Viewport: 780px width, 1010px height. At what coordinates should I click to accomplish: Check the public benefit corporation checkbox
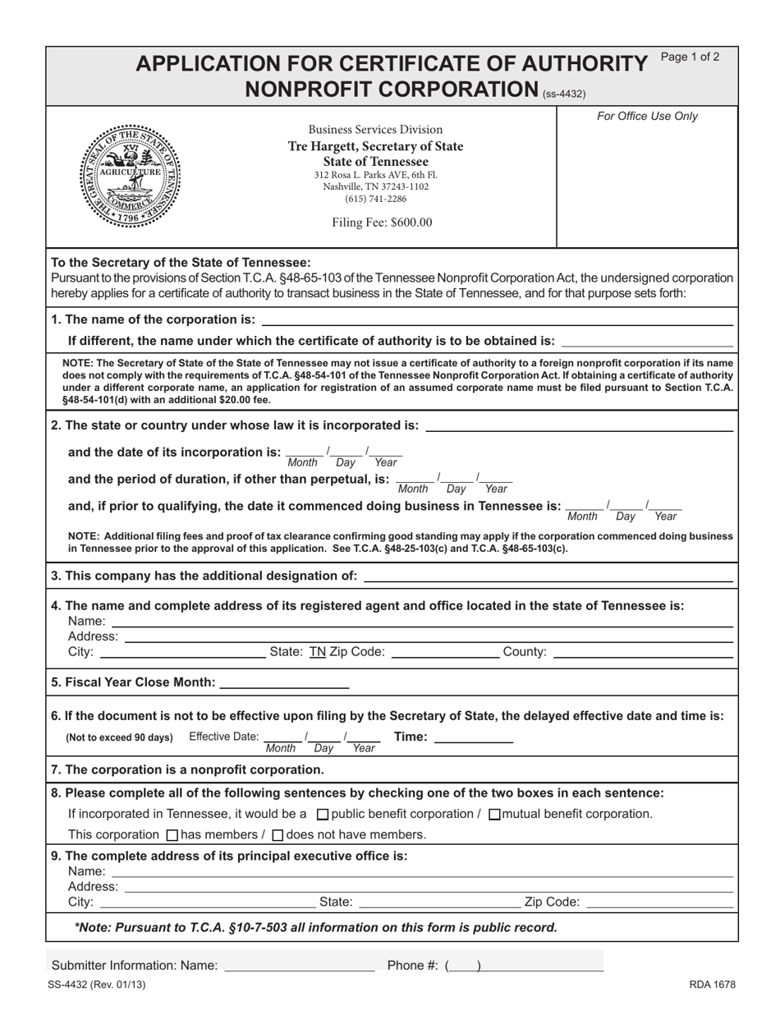tap(323, 815)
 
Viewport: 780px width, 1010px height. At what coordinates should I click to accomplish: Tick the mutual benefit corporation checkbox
tap(494, 815)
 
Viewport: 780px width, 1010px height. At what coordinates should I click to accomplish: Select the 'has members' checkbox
tap(172, 835)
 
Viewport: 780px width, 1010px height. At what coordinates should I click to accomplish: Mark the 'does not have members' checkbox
tap(278, 835)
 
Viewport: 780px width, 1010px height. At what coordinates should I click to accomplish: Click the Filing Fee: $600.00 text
tap(382, 223)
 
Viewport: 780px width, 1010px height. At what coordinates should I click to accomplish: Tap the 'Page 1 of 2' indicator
tap(690, 57)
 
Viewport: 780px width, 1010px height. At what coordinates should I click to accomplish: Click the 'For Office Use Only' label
tap(647, 117)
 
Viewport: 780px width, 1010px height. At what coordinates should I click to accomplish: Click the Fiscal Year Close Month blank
tap(285, 682)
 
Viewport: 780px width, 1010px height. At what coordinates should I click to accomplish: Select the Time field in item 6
tap(473, 737)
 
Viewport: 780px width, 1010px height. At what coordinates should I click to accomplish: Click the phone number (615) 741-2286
tap(375, 199)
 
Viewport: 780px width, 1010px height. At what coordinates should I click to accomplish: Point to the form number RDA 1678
tap(712, 985)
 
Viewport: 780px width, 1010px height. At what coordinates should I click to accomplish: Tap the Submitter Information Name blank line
tap(299, 966)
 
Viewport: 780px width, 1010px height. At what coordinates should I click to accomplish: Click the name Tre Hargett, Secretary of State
tap(375, 146)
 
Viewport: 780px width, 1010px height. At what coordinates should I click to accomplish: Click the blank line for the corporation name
tap(496, 319)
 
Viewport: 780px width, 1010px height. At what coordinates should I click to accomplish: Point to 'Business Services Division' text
tap(375, 130)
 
